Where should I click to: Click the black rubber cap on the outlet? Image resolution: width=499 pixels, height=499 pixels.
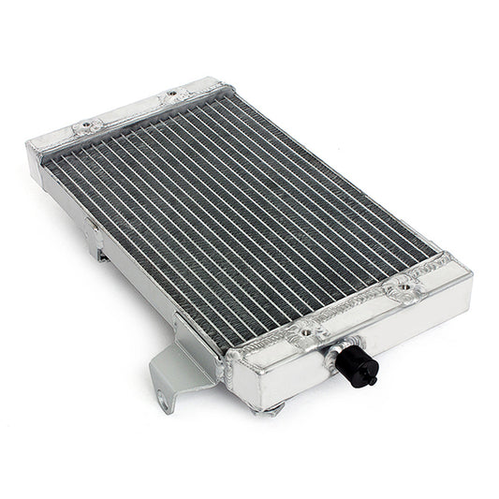[x=357, y=368]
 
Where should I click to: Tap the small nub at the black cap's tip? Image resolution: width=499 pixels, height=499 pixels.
[x=372, y=381]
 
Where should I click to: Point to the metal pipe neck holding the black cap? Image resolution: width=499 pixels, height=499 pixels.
[x=335, y=352]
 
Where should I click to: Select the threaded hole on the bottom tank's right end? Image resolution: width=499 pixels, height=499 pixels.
[x=404, y=287]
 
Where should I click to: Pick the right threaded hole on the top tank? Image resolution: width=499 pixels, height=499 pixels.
[x=171, y=94]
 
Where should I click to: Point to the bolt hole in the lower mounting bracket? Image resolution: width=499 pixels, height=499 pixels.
[x=164, y=402]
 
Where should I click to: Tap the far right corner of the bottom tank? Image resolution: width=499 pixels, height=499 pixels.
[x=468, y=277]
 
